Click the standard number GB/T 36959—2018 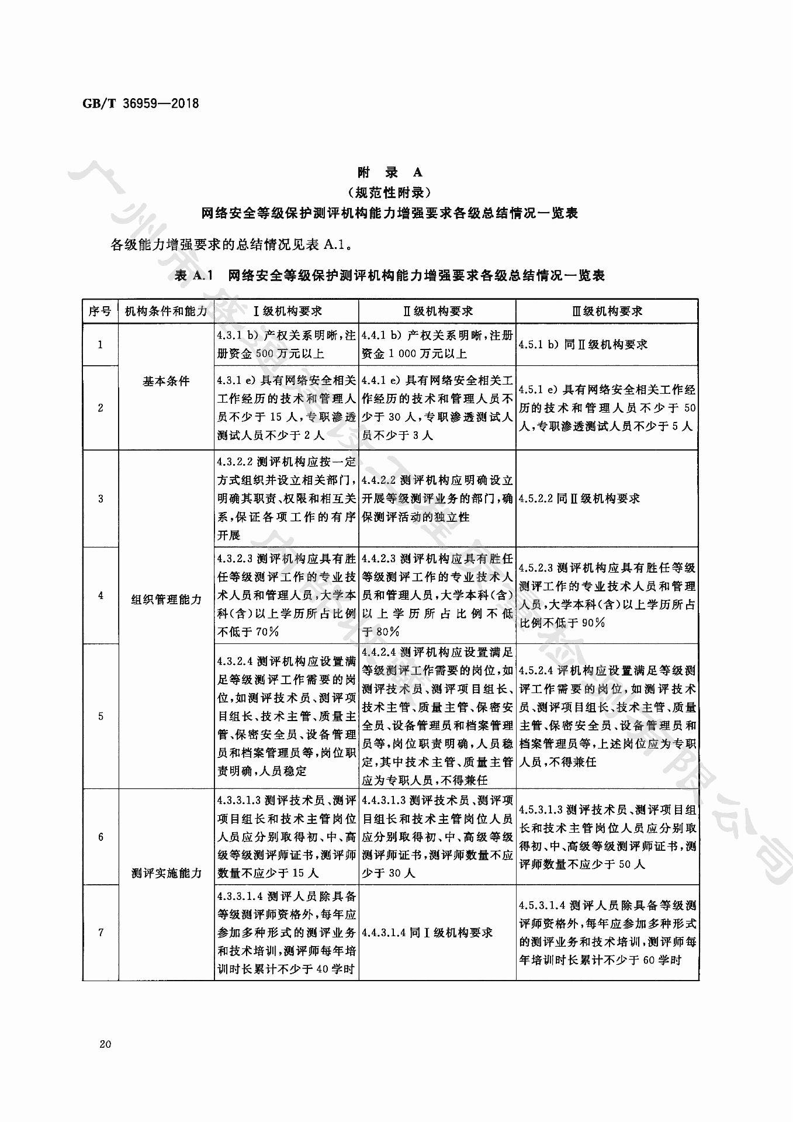(x=141, y=104)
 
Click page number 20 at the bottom (x=105, y=1044)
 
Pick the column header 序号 (x=100, y=311)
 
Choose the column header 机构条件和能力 (x=166, y=311)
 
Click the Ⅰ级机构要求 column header (x=286, y=311)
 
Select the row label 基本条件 (x=166, y=381)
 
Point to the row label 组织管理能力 (x=166, y=600)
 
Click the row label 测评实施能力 (x=166, y=874)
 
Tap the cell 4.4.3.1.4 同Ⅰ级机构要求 (x=427, y=932)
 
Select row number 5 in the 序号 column (x=100, y=716)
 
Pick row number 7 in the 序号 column (x=100, y=932)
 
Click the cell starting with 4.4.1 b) (x=437, y=344)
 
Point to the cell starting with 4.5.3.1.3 (x=607, y=837)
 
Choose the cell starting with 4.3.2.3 (x=286, y=595)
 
